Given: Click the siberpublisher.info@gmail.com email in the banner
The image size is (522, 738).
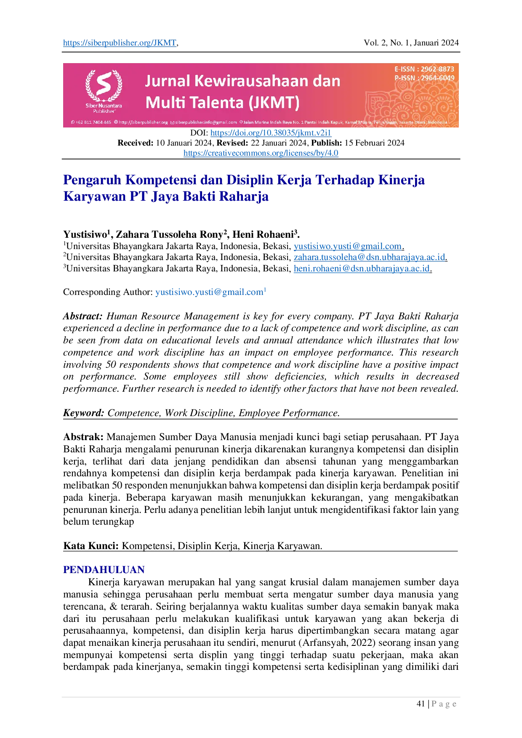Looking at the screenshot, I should (205, 122).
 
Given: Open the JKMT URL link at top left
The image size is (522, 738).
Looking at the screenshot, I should (120, 42).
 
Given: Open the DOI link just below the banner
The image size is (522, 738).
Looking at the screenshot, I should (271, 133).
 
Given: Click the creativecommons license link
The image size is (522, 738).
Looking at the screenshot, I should (261, 153).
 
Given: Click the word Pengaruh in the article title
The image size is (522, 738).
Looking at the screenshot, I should (91, 179).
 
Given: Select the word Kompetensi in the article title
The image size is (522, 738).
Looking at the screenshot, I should (161, 179).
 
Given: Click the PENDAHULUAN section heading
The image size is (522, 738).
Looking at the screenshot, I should (103, 570).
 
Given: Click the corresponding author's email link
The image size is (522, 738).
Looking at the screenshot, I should (210, 292).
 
